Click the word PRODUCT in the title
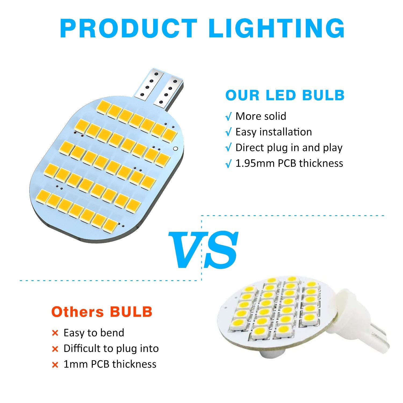(129, 28)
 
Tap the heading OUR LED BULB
(285, 95)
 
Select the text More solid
(261, 116)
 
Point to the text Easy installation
(274, 132)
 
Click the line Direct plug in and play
(289, 147)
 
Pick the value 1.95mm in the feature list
(255, 163)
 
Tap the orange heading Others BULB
(102, 312)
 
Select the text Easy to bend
(94, 333)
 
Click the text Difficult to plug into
(111, 348)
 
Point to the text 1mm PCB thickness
(110, 364)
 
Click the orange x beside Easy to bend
(55, 333)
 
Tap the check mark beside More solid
(228, 117)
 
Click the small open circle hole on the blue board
(175, 149)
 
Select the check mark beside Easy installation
(228, 133)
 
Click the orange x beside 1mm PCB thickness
(55, 365)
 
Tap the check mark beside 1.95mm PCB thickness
(228, 164)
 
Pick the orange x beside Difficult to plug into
(55, 349)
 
